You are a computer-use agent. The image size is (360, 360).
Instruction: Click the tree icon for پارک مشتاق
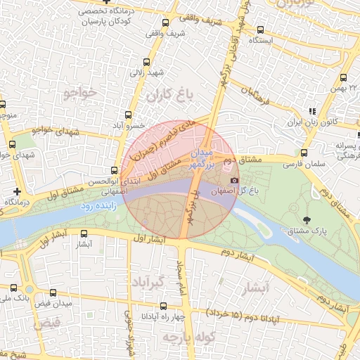[x=305, y=219]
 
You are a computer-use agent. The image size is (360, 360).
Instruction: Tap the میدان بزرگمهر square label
[x=202, y=157]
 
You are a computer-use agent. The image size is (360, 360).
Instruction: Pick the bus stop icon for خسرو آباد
[x=128, y=115]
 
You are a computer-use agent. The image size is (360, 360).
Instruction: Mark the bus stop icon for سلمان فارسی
[x=303, y=153]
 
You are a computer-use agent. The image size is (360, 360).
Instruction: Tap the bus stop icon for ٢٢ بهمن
[x=345, y=79]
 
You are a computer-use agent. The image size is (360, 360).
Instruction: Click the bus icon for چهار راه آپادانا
[x=164, y=306]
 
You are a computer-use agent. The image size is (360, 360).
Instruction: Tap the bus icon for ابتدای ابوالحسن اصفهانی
[x=115, y=170]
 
